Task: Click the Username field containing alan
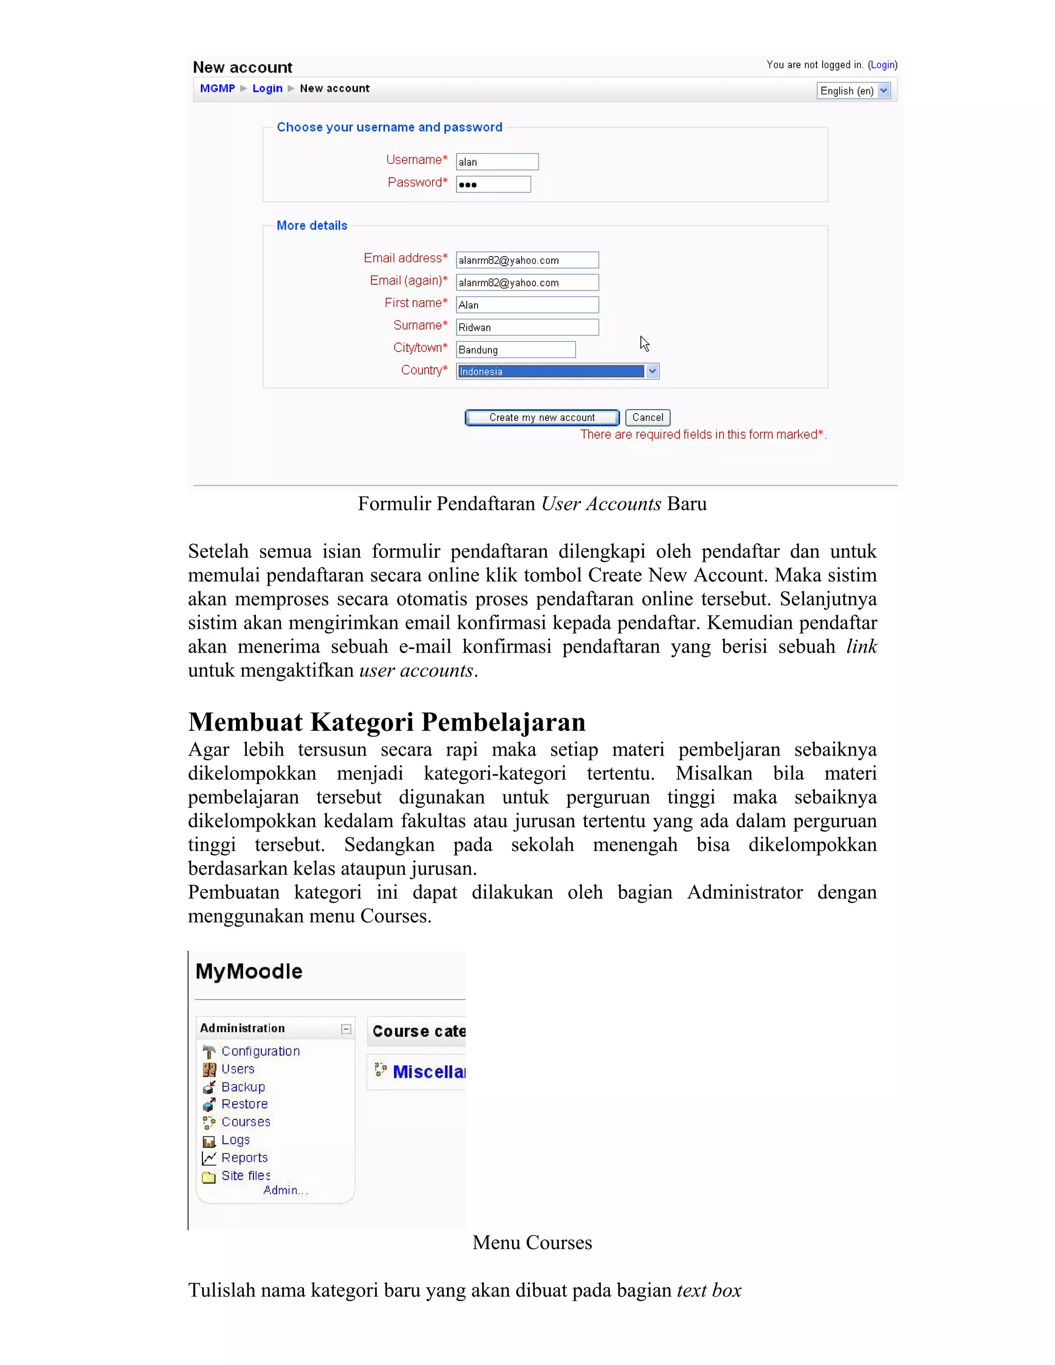[x=497, y=162]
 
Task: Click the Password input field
[x=493, y=184]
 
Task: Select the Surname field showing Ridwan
[x=527, y=328]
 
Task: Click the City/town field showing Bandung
[x=516, y=350]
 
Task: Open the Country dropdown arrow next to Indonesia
[x=652, y=371]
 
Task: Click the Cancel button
[x=648, y=418]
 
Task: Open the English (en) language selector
[x=853, y=91]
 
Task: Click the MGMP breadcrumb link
[x=217, y=89]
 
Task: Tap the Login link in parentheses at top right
[x=882, y=65]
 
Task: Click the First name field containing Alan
[x=527, y=305]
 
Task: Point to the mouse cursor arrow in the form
[x=644, y=344]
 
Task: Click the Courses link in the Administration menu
[x=246, y=1122]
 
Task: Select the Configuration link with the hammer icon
[x=261, y=1051]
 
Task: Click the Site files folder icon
[x=209, y=1177]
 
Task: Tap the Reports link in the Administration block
[x=244, y=1157]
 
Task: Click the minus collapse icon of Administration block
[x=346, y=1029]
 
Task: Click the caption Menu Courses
[x=532, y=1242]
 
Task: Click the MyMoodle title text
[x=249, y=971]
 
